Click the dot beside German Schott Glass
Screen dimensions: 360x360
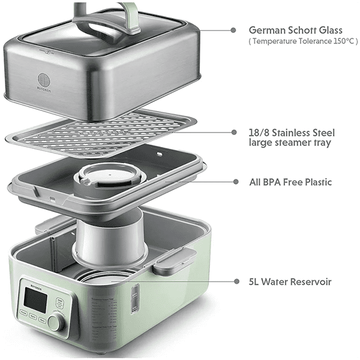coord(233,30)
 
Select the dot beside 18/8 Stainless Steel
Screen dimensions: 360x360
coord(234,132)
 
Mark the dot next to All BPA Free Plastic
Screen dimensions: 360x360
coord(236,182)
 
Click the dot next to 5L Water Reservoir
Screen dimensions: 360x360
coord(236,281)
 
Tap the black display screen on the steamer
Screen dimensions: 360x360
coord(35,300)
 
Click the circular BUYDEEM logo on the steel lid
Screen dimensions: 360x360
coord(44,80)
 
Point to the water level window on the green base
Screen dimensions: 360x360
coord(135,298)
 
